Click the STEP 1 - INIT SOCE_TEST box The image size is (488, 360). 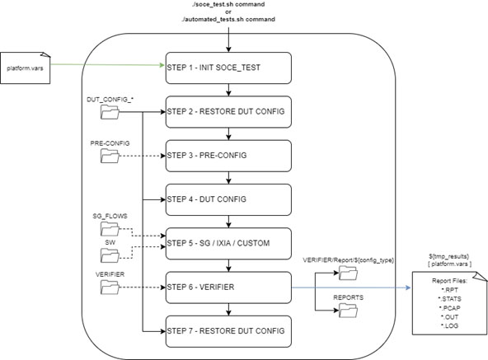click(x=228, y=68)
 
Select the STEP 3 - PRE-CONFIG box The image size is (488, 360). click(x=228, y=156)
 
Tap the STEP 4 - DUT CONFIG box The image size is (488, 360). click(x=228, y=199)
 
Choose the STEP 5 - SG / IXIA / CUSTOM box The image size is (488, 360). click(x=228, y=243)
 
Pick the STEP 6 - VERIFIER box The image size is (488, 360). click(x=228, y=288)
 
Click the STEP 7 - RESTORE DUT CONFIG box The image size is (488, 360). click(x=228, y=331)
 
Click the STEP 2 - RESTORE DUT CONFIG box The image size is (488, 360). click(x=228, y=112)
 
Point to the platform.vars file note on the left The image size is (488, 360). click(x=26, y=68)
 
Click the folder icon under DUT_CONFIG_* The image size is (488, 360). click(x=110, y=112)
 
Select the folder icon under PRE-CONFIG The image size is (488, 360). click(x=110, y=156)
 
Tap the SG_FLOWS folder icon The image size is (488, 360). click(x=110, y=229)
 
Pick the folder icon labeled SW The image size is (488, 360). click(x=110, y=255)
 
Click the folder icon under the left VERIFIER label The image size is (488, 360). click(x=110, y=288)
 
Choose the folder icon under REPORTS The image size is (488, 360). click(x=348, y=311)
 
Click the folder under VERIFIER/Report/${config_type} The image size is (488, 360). click(x=348, y=273)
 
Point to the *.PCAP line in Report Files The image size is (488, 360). click(x=450, y=308)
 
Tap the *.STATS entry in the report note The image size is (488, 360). click(x=450, y=299)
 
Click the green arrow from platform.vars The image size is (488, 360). click(x=107, y=65)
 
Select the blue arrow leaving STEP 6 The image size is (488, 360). click(x=351, y=288)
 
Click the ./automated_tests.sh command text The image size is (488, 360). click(x=228, y=19)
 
